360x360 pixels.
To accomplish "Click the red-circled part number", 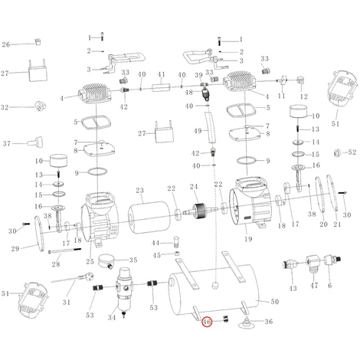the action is [x=207, y=322].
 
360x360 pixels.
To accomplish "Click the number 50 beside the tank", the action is [x=274, y=302].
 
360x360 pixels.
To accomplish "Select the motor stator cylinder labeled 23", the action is [x=149, y=217].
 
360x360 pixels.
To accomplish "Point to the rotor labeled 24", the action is [x=199, y=211].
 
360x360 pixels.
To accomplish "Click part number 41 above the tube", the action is [x=161, y=74].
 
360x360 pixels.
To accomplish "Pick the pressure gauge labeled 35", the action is [x=106, y=261].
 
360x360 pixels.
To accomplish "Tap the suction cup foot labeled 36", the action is [x=246, y=322].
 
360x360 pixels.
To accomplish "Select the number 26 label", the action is [x=6, y=44].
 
